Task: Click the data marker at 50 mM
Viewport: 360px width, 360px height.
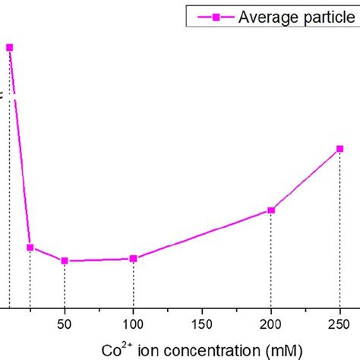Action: (x=65, y=261)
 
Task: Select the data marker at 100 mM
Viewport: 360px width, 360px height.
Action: (x=134, y=258)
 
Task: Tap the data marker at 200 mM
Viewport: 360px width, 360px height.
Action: (x=271, y=210)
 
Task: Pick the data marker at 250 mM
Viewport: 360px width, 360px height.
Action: (x=340, y=149)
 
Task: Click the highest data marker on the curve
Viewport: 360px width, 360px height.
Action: (x=10, y=47)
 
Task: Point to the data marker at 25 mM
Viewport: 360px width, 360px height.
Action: (x=30, y=247)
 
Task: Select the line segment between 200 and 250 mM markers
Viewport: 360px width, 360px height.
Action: (x=306, y=180)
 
